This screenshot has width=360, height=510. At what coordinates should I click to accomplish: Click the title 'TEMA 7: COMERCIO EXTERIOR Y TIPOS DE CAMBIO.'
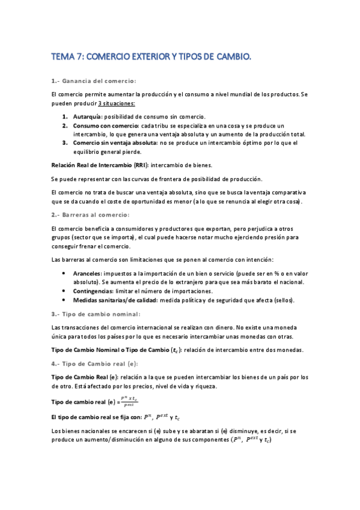pos(151,57)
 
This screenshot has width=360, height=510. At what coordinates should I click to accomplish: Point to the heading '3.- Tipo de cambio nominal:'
pos(97,313)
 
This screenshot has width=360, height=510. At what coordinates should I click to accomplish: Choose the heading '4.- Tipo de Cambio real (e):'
pos(95,363)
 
